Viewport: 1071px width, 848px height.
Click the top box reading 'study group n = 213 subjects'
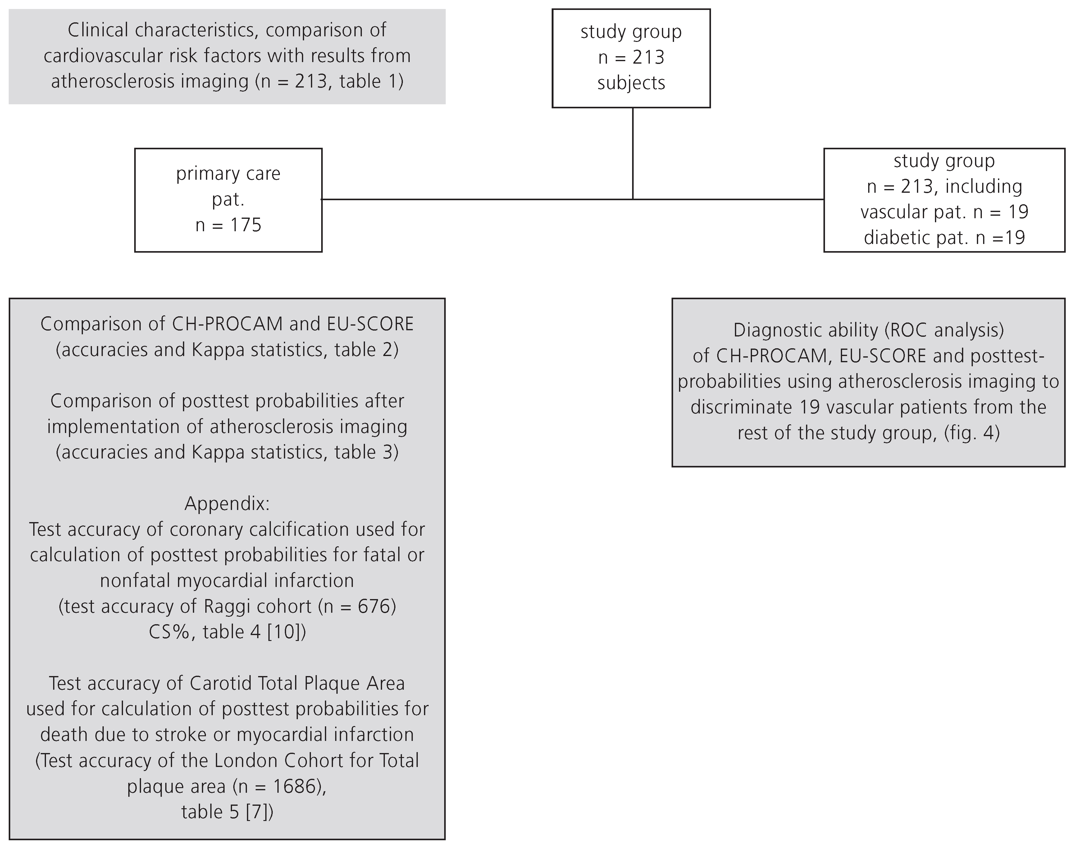(631, 58)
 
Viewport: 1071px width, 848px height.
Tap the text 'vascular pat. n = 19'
(944, 212)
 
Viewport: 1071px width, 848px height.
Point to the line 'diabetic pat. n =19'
(944, 238)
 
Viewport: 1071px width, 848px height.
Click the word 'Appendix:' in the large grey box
(227, 503)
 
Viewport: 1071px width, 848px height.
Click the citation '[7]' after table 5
(259, 812)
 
